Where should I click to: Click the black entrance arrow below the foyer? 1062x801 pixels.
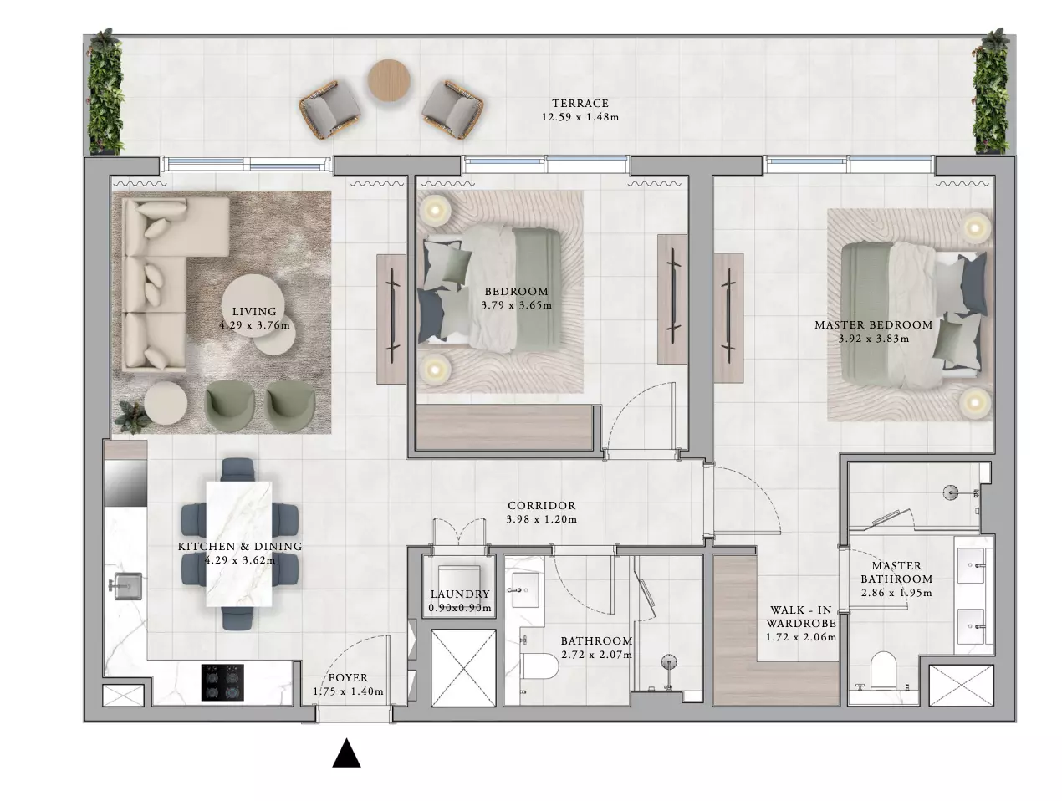pyautogui.click(x=346, y=753)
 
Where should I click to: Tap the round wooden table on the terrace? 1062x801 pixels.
pyautogui.click(x=389, y=80)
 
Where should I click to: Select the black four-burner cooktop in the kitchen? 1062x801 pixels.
pyautogui.click(x=222, y=682)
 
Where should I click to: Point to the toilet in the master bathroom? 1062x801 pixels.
pyautogui.click(x=883, y=670)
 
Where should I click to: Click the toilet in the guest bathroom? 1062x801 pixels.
pyautogui.click(x=539, y=666)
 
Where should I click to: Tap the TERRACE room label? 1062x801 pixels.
pyautogui.click(x=580, y=103)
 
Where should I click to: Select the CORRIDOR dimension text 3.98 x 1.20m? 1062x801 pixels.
pyautogui.click(x=541, y=519)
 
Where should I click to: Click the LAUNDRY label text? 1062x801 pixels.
pyautogui.click(x=460, y=594)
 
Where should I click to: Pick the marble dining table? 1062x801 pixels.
pyautogui.click(x=239, y=543)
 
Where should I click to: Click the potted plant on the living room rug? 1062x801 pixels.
pyautogui.click(x=131, y=417)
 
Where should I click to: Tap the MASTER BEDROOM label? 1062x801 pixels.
pyautogui.click(x=873, y=325)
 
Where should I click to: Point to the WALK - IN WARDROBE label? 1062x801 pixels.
pyautogui.click(x=801, y=617)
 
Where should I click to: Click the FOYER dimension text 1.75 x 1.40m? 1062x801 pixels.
pyautogui.click(x=348, y=691)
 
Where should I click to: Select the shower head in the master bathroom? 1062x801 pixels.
pyautogui.click(x=951, y=493)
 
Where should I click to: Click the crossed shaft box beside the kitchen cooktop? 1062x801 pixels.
pyautogui.click(x=123, y=695)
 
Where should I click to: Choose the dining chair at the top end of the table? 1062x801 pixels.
pyautogui.click(x=238, y=469)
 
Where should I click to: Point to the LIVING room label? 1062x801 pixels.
pyautogui.click(x=254, y=312)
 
